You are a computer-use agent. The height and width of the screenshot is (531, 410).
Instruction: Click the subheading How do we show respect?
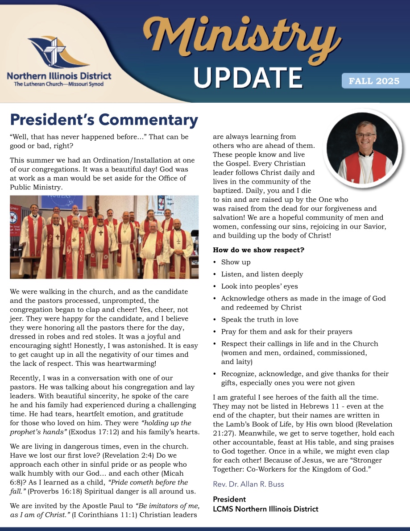pos(258,250)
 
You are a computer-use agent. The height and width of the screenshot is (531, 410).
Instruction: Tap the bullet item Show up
pos(236,262)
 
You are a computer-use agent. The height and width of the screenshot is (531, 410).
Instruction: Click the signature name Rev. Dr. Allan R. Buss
pos(248,484)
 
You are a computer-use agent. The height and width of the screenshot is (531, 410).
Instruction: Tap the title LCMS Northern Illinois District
pos(265,509)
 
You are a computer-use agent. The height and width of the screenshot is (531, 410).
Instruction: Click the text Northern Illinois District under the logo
pos(59,76)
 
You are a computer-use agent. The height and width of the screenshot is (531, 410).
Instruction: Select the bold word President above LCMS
pos(229,499)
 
